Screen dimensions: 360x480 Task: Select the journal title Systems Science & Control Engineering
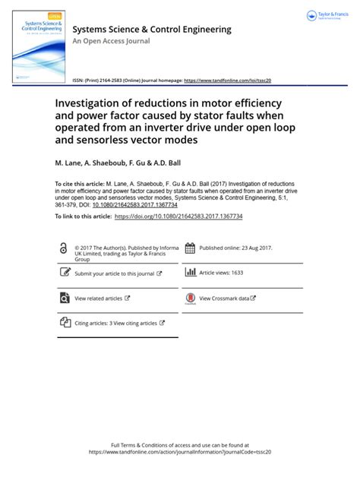pyautogui.click(x=151, y=29)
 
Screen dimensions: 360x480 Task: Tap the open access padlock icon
pyautogui.click(x=64, y=269)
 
